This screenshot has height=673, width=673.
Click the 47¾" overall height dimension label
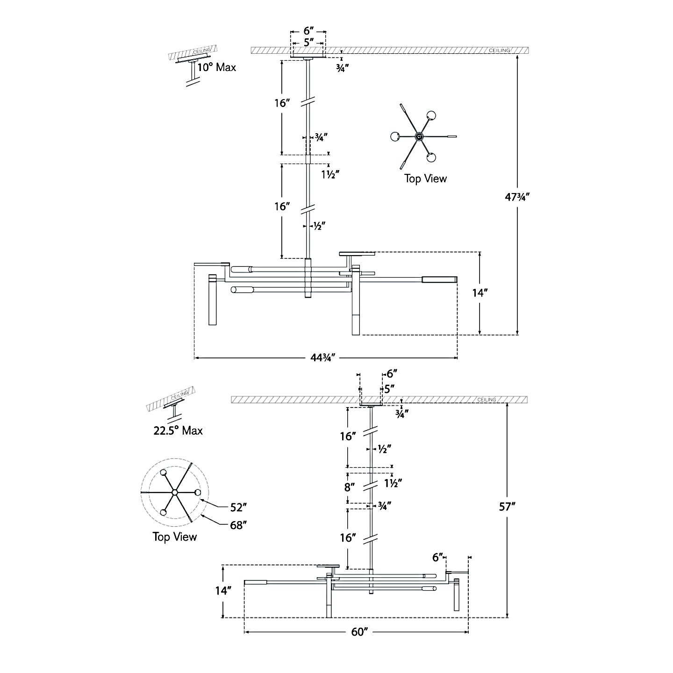pos(517,196)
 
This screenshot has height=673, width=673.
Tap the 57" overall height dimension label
pos(507,507)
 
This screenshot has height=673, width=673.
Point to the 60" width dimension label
pos(360,632)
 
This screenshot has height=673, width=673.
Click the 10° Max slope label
pos(216,67)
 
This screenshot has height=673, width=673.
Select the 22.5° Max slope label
pos(178,430)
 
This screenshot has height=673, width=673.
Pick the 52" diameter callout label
pos(238,507)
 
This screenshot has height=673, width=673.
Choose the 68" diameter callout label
pos(238,525)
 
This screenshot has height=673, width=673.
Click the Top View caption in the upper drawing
pos(425,179)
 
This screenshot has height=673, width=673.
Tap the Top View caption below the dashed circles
pos(175,537)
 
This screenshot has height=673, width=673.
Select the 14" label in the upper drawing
pos(480,293)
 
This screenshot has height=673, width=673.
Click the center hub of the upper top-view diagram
pos(419,136)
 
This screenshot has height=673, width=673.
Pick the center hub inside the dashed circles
pos(174,493)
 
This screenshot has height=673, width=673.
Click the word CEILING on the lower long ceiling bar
pos(487,400)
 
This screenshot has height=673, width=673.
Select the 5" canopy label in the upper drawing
pos(308,43)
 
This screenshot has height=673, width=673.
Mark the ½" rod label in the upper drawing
pos(319,226)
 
